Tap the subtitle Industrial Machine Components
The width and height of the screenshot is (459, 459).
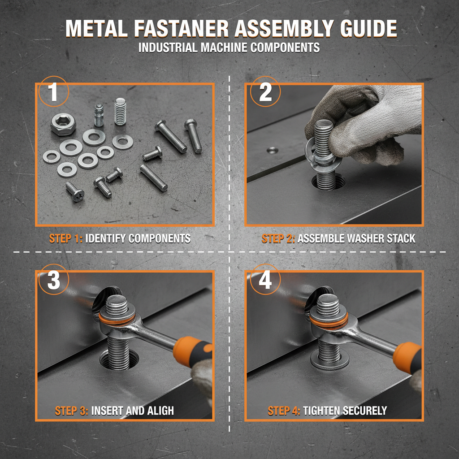click(229, 48)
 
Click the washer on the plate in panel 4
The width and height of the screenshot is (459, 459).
click(330, 361)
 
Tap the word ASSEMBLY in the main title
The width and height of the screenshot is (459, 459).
click(284, 29)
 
